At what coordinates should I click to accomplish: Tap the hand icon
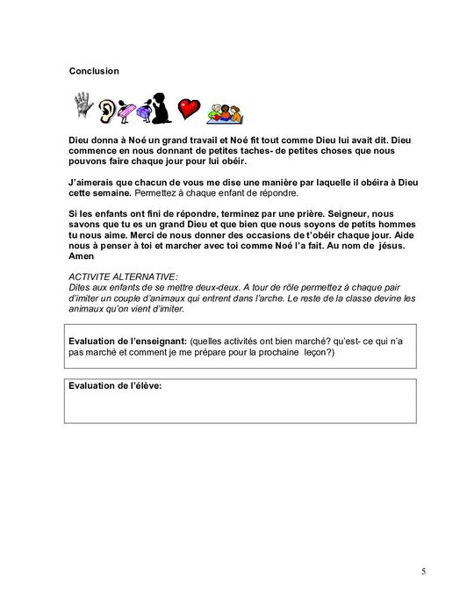(x=83, y=107)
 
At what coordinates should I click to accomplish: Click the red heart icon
(x=188, y=109)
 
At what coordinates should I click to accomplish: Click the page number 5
(x=423, y=572)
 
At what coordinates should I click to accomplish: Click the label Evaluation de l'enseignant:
(x=123, y=340)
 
